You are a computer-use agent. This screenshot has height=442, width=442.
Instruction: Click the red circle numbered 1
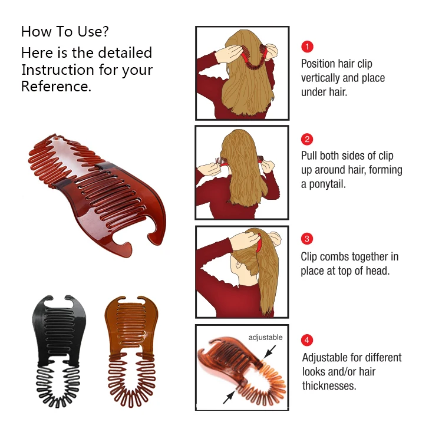click(307, 47)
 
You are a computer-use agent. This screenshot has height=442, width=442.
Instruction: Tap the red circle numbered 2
click(307, 140)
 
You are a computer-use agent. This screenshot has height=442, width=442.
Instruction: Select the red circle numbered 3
click(307, 239)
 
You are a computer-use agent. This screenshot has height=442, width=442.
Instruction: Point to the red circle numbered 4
click(307, 340)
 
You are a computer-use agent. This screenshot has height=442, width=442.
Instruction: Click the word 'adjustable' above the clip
click(265, 338)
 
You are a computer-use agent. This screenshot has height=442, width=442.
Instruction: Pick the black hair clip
click(56, 348)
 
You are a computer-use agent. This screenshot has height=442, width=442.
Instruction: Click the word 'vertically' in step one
click(323, 78)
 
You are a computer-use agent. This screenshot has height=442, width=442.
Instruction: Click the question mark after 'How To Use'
click(104, 32)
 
